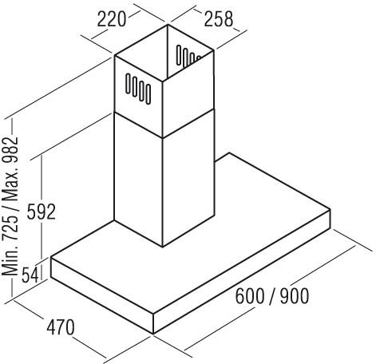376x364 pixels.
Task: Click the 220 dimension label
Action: (111, 19)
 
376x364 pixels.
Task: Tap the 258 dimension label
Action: (218, 19)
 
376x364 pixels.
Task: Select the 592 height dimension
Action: (42, 212)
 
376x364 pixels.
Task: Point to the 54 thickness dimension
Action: (30, 275)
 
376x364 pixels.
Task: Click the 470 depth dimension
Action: (61, 327)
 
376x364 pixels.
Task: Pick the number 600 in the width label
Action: (250, 296)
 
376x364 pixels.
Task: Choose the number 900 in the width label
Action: (295, 296)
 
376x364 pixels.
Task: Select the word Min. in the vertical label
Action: (10, 261)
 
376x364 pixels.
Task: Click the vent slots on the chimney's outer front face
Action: (138, 89)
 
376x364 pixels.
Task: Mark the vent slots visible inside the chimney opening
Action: (188, 56)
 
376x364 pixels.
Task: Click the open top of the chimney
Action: (164, 52)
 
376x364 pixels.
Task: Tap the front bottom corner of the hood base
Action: (153, 334)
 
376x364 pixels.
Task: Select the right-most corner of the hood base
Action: (330, 209)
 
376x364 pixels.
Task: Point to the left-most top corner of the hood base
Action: (51, 257)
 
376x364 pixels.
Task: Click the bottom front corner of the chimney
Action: (163, 247)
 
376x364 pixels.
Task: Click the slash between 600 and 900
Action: (272, 296)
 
